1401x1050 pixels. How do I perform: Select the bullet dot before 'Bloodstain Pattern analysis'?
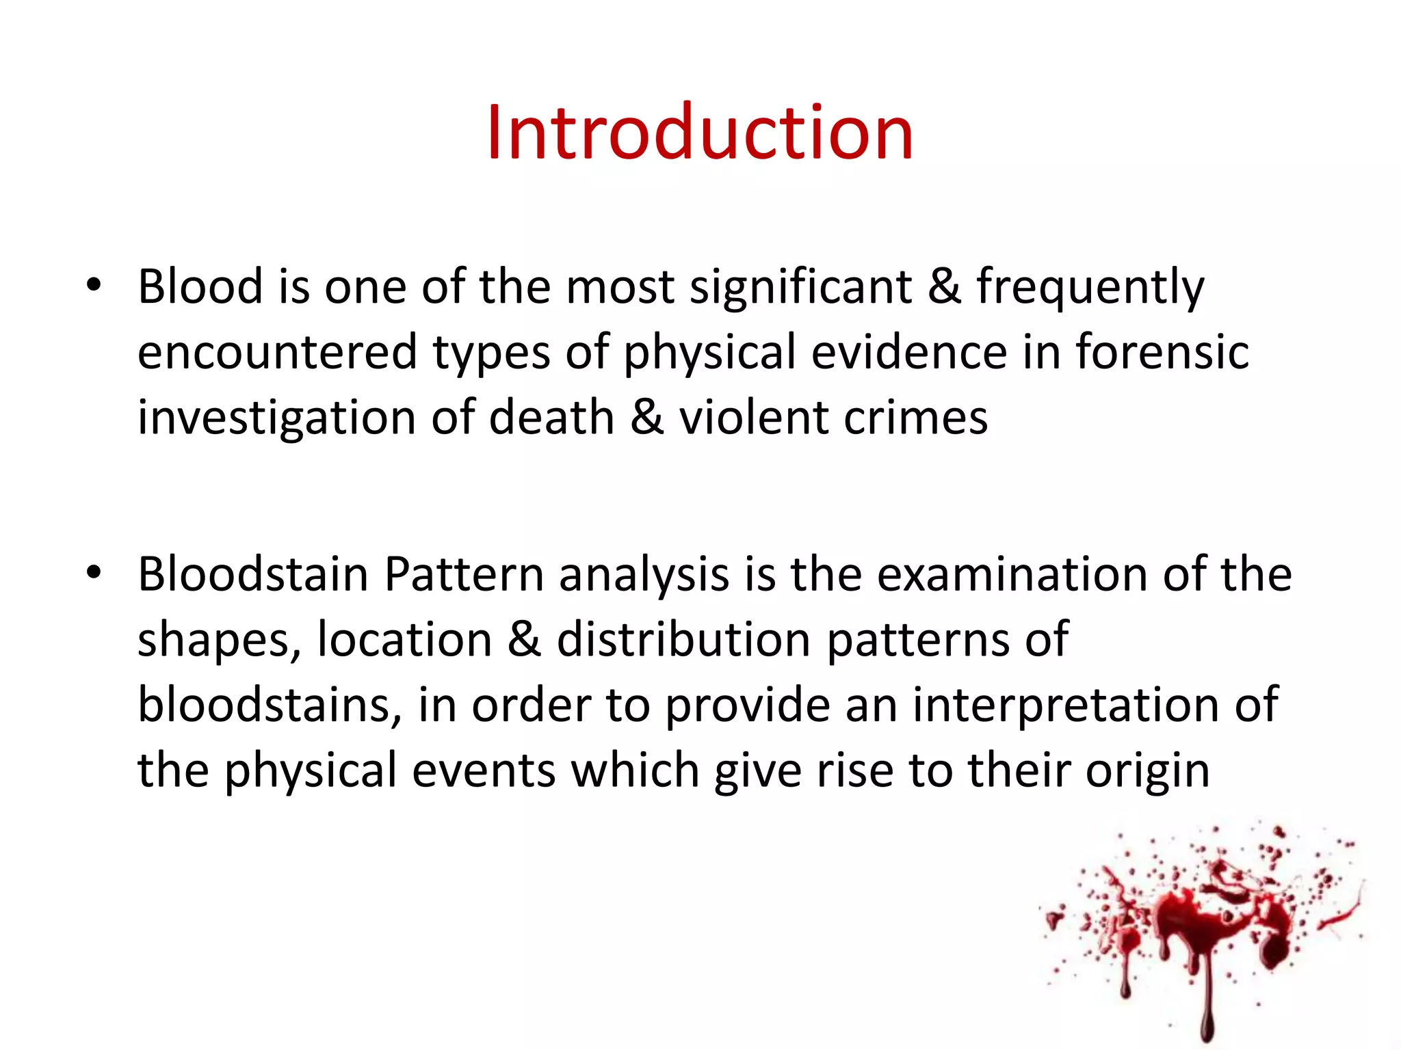[94, 572]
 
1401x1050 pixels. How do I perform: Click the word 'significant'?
[800, 287]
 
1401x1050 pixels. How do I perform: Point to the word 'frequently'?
[1090, 288]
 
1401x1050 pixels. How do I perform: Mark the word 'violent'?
[753, 418]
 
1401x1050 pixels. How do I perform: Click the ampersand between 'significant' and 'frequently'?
[944, 287]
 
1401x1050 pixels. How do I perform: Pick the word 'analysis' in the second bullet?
[644, 576]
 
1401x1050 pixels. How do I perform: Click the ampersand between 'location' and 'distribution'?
[524, 640]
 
